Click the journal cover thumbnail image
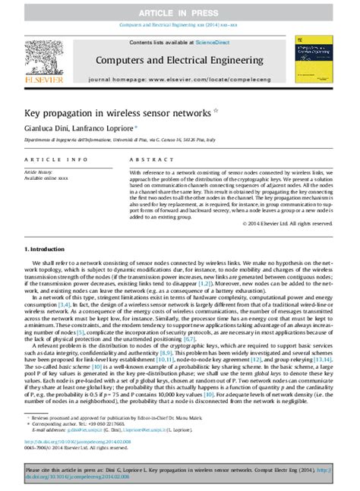point(317,59)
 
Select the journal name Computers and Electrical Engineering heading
point(179,59)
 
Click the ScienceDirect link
point(216,42)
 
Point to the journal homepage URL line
point(179,78)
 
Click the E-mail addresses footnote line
point(114,429)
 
